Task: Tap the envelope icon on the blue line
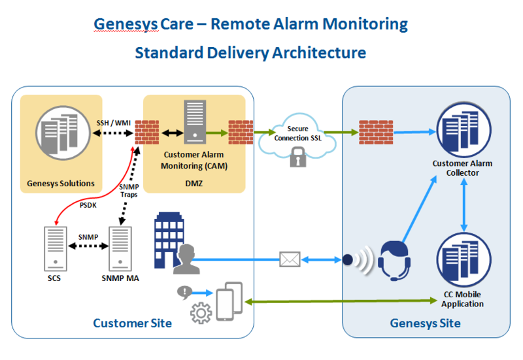click(x=289, y=259)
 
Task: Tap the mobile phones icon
click(x=229, y=301)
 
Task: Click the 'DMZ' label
click(x=194, y=184)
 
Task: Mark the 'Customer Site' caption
click(x=132, y=323)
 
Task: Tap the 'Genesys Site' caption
click(x=425, y=323)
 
